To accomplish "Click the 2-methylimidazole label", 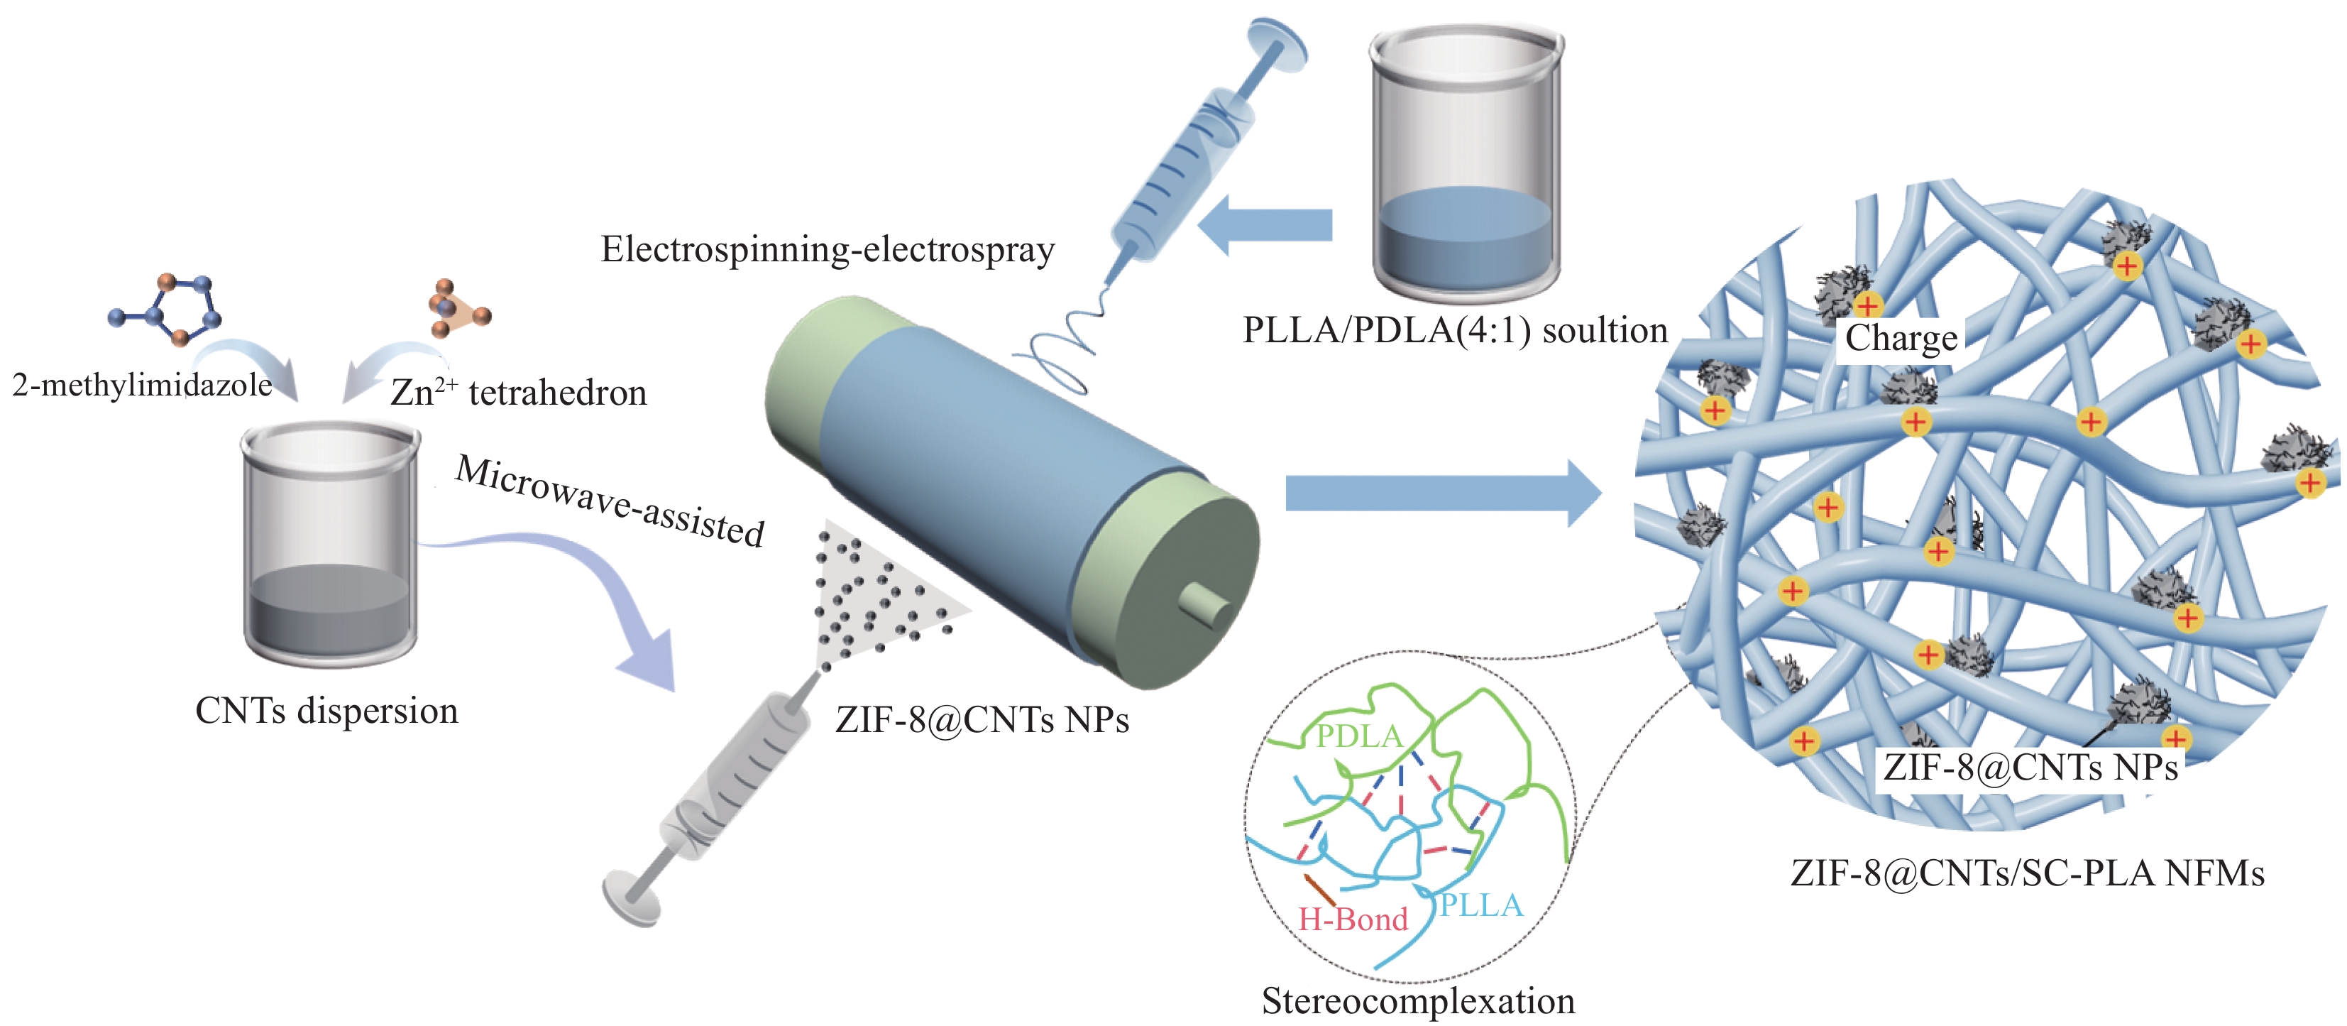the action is click(142, 386).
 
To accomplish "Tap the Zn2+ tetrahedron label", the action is click(518, 392).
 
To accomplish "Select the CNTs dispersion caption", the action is click(326, 711).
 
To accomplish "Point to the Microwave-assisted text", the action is click(610, 501).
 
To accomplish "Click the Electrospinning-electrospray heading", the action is click(828, 249).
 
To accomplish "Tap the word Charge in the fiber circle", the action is click(1901, 338).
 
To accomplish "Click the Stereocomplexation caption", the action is click(1418, 1000).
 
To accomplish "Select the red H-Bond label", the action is click(1352, 919).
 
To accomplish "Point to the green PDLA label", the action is click(1359, 736).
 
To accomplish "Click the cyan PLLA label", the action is click(1480, 905).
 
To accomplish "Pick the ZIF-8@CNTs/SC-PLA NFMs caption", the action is click(2027, 873).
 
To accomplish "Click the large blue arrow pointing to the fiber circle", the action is click(1443, 493).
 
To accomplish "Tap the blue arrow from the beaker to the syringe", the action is click(1265, 224).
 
